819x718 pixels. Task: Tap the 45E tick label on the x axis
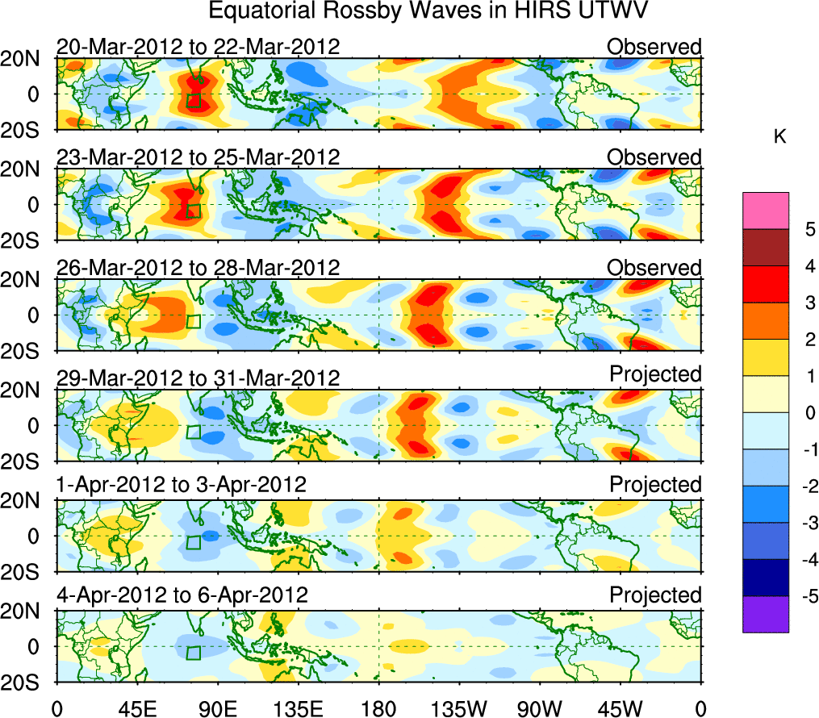(x=136, y=708)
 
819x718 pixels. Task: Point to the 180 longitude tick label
(x=378, y=708)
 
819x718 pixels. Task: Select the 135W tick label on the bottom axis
(x=459, y=708)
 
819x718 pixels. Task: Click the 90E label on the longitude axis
(x=217, y=708)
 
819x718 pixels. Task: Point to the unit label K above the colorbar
(x=779, y=137)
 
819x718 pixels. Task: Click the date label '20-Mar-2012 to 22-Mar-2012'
(x=198, y=47)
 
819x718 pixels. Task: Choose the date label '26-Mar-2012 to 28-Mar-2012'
(x=198, y=268)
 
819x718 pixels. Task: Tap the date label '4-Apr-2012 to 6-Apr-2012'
(x=182, y=596)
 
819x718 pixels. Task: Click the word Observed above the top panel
(x=654, y=47)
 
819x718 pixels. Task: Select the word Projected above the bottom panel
(x=655, y=595)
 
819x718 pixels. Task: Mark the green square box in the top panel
(x=194, y=100)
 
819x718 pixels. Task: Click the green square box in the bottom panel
(x=194, y=653)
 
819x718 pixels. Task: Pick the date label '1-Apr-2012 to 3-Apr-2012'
(x=182, y=486)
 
